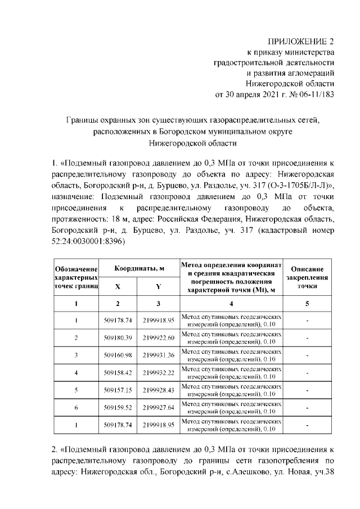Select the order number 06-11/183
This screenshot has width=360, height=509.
(x=315, y=94)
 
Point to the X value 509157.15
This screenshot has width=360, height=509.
(x=118, y=390)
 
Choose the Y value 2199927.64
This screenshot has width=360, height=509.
(x=158, y=407)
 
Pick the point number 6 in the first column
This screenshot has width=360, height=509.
(x=76, y=407)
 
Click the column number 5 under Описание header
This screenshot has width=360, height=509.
(x=307, y=304)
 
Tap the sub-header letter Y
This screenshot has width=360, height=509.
(x=158, y=286)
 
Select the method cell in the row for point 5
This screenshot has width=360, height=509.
(x=231, y=390)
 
